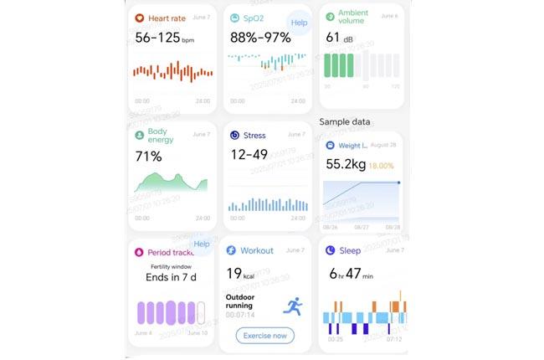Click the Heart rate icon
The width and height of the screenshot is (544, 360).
click(139, 18)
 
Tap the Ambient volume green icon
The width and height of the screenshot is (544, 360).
click(330, 15)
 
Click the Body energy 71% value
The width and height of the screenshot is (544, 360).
click(148, 157)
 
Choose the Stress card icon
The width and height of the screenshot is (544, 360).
click(234, 135)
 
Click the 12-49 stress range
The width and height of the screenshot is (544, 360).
click(249, 155)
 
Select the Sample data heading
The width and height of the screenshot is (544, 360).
click(344, 121)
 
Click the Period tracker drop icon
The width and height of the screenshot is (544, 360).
click(139, 251)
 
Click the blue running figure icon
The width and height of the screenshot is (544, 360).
click(292, 306)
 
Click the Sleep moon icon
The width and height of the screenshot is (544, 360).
click(330, 250)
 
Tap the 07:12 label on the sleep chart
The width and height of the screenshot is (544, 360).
click(394, 339)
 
